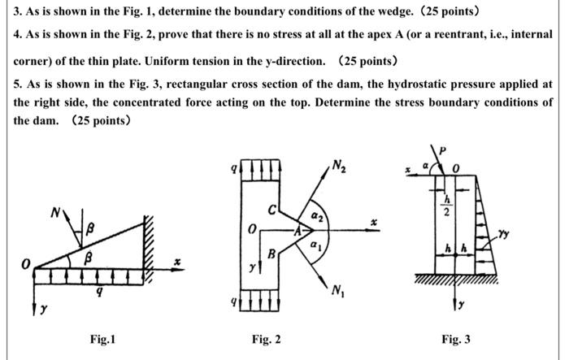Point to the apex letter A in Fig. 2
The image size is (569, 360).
[x=297, y=230]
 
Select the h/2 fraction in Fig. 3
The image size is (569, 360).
[x=445, y=200]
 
